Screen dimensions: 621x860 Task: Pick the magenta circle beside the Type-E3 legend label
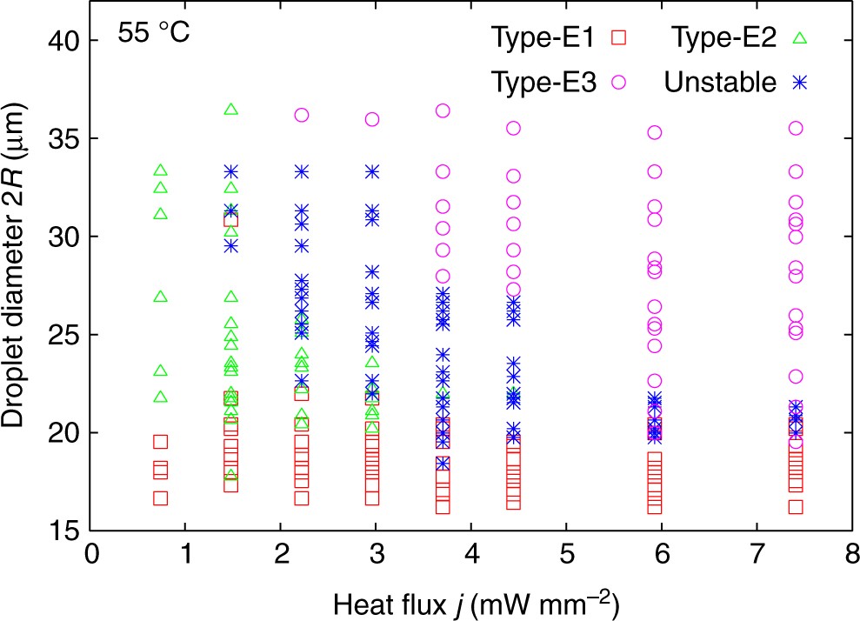pos(619,83)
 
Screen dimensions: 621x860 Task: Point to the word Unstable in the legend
pos(719,83)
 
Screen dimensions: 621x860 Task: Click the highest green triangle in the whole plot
pos(231,110)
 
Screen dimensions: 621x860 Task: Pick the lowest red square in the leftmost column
pos(160,498)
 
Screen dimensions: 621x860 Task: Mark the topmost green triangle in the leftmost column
pos(160,170)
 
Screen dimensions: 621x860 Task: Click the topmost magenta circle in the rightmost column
pos(795,128)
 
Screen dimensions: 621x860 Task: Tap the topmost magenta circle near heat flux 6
pos(655,132)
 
